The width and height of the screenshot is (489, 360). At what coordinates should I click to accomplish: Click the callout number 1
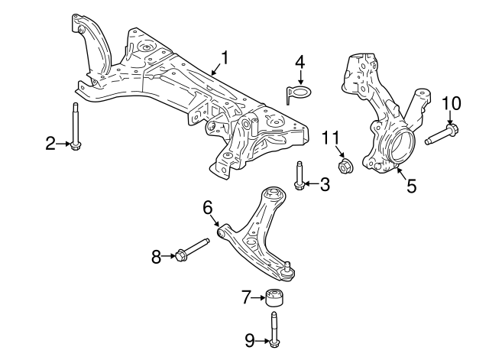(x=225, y=57)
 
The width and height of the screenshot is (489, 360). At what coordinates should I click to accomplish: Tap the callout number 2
(x=51, y=143)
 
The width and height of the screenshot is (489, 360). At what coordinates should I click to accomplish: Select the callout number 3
(x=325, y=183)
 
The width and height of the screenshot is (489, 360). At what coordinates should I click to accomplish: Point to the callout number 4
(x=300, y=61)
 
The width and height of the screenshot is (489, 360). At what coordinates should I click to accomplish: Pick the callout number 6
(x=207, y=206)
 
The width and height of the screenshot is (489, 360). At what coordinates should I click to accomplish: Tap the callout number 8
(x=157, y=257)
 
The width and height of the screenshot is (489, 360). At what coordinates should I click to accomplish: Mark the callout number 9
(x=250, y=339)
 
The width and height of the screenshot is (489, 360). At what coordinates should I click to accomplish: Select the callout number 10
(x=452, y=103)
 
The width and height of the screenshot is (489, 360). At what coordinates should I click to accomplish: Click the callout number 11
(x=329, y=138)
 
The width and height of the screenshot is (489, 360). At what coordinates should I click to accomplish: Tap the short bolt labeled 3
(x=299, y=175)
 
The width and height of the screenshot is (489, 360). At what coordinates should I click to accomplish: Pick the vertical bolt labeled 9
(x=273, y=331)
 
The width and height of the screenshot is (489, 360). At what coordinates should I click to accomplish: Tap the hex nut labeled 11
(x=344, y=164)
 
